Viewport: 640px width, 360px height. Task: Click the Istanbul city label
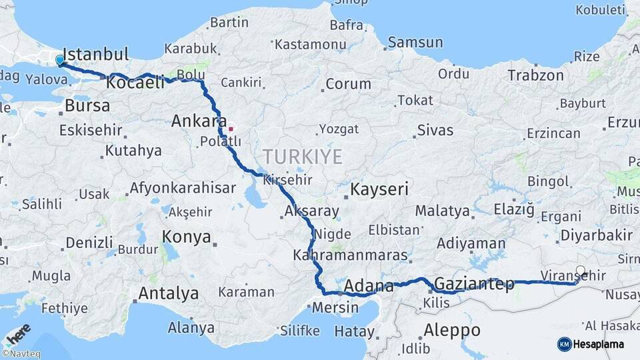(x=95, y=54)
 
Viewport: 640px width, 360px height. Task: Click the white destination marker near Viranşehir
(x=580, y=271)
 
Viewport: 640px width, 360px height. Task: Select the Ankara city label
(x=199, y=121)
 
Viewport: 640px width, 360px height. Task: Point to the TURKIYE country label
(x=302, y=157)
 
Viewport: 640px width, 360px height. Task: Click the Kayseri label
(x=379, y=189)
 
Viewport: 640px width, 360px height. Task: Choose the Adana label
(x=369, y=287)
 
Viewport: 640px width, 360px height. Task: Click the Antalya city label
(x=168, y=293)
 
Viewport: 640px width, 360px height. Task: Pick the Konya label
(x=187, y=237)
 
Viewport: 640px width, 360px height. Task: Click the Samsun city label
(x=415, y=43)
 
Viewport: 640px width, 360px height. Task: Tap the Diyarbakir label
(x=596, y=235)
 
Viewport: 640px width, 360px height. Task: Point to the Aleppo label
(x=452, y=330)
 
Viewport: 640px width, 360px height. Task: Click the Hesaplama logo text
(x=597, y=345)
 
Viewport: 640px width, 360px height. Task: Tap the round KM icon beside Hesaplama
(x=564, y=344)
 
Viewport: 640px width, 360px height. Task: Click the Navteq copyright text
(x=21, y=354)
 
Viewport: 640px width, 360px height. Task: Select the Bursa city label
(x=87, y=106)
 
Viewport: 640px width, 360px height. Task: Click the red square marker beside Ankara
(x=231, y=129)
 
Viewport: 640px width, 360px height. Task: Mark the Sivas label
(x=435, y=129)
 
